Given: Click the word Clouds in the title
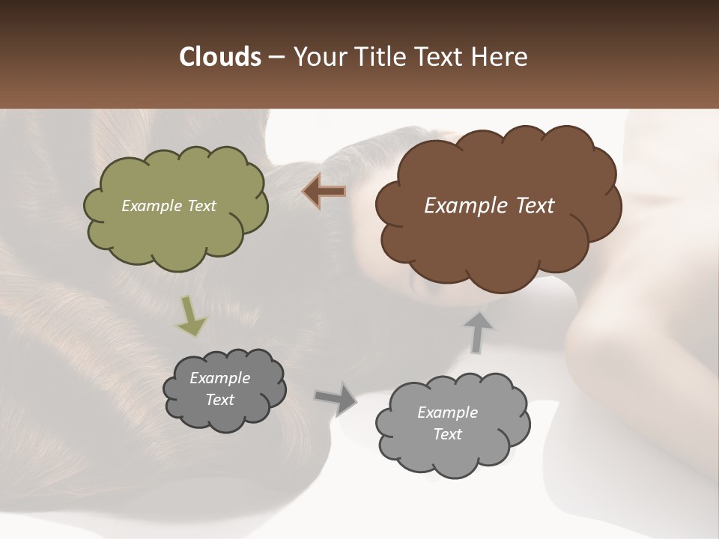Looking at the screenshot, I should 219,57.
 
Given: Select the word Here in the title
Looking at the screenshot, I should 499,57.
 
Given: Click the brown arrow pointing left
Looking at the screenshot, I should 324,192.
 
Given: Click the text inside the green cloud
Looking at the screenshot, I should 169,206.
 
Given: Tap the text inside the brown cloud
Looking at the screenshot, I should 489,206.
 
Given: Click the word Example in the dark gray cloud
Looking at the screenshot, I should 219,378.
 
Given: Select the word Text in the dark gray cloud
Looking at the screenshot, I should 219,400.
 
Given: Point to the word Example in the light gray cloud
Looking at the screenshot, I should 447,412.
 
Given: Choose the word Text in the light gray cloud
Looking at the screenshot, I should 447,434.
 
